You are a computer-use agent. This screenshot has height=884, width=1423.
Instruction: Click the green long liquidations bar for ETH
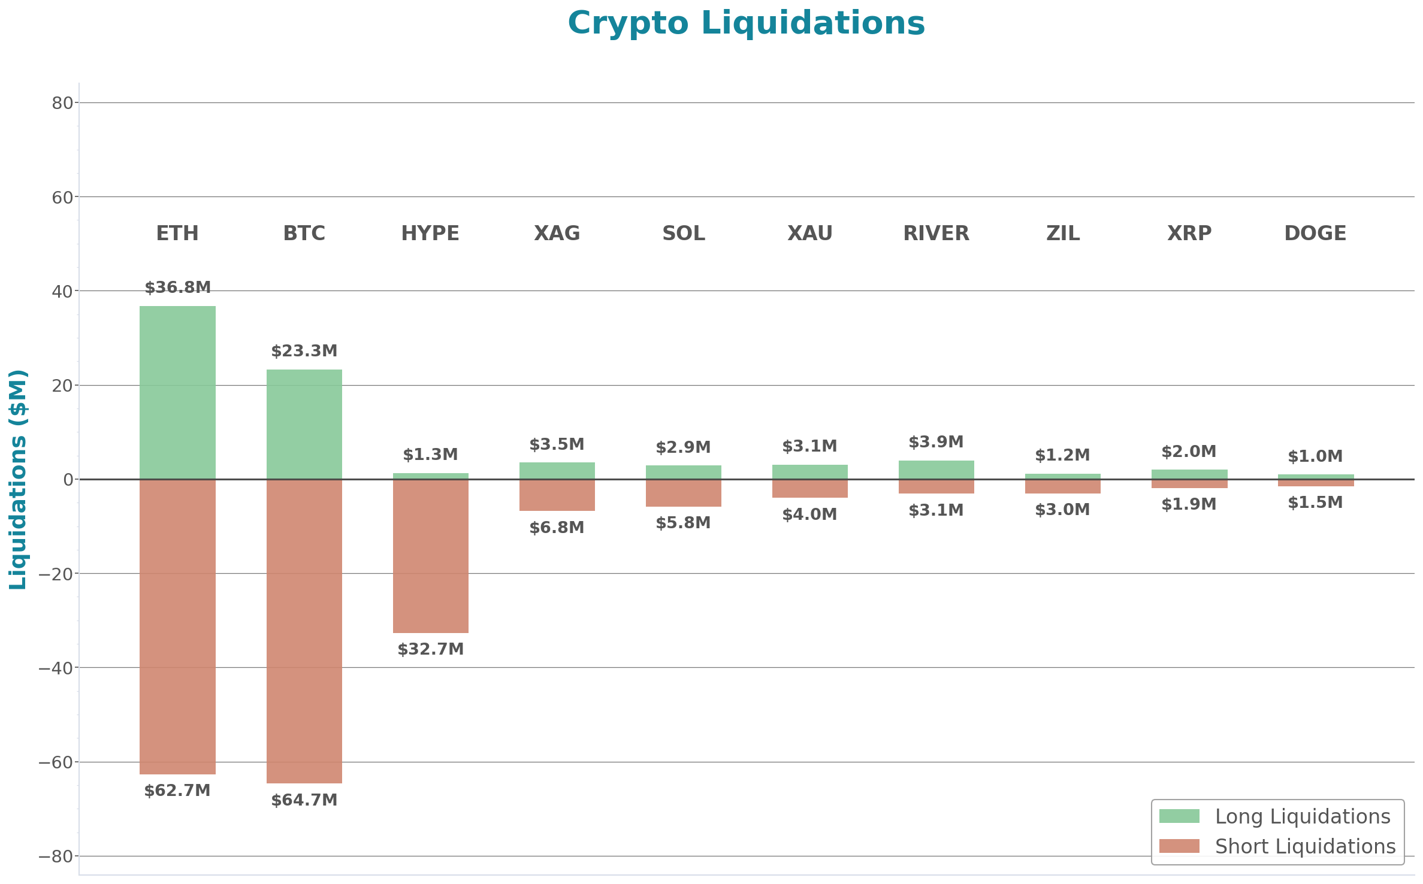pyautogui.click(x=177, y=392)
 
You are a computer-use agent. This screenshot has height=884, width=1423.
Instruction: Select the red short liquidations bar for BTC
pyautogui.click(x=304, y=631)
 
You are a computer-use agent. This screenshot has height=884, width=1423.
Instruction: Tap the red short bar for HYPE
pyautogui.click(x=430, y=556)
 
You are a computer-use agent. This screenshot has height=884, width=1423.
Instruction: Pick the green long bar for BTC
pyautogui.click(x=304, y=424)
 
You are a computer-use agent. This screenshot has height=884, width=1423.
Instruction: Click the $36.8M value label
pyautogui.click(x=177, y=287)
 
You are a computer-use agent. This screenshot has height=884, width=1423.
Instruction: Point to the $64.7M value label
pyautogui.click(x=304, y=800)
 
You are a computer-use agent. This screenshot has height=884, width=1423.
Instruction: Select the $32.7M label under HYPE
pyautogui.click(x=430, y=649)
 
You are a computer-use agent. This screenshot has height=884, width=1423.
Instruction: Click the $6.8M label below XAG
pyautogui.click(x=557, y=528)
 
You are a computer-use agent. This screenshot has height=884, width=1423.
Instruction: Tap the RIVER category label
pyautogui.click(x=936, y=233)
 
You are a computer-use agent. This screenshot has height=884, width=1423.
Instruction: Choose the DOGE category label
pyautogui.click(x=1315, y=233)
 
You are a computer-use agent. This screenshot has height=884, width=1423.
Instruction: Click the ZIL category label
pyautogui.click(x=1063, y=233)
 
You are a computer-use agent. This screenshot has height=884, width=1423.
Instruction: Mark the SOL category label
pyautogui.click(x=683, y=233)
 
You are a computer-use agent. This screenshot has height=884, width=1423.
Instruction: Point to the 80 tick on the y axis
pyautogui.click(x=62, y=104)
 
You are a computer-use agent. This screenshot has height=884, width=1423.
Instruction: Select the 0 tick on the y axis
pyautogui.click(x=68, y=480)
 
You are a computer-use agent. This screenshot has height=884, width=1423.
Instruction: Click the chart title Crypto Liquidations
pyautogui.click(x=746, y=24)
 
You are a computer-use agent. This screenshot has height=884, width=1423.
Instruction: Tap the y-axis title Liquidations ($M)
pyautogui.click(x=18, y=479)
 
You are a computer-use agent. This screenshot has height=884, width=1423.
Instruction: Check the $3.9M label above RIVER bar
pyautogui.click(x=936, y=442)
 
